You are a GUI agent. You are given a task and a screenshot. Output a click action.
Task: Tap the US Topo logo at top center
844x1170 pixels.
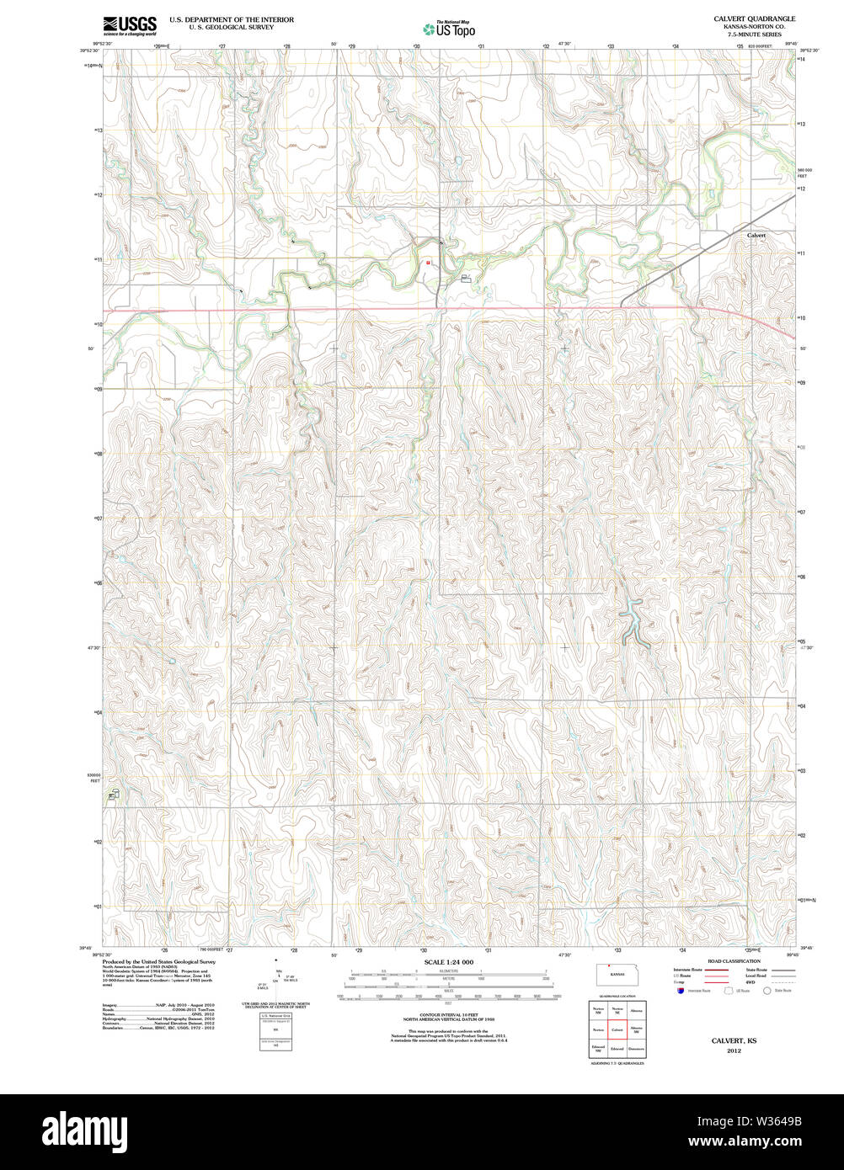(x=450, y=29)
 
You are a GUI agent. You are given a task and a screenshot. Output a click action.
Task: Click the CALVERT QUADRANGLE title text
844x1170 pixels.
(x=754, y=19)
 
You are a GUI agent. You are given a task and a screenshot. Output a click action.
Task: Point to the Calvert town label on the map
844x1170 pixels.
(x=756, y=236)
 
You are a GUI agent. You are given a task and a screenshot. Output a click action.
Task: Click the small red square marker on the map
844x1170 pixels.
(x=428, y=262)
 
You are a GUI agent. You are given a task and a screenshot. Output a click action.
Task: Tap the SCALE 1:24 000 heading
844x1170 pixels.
(x=448, y=962)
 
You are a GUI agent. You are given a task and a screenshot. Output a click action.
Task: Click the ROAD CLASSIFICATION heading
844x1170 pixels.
(x=734, y=961)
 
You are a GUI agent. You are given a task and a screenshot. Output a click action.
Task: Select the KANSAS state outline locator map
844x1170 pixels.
(x=617, y=975)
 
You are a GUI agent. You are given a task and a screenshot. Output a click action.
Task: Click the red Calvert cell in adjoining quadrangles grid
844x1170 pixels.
(x=617, y=1029)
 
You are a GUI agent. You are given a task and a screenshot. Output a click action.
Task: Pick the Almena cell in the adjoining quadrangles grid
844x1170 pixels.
(x=636, y=1010)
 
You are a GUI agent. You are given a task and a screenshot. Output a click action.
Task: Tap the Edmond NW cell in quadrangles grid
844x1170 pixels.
(x=598, y=1049)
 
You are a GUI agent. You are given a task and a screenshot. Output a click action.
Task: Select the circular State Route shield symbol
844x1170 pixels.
(x=767, y=991)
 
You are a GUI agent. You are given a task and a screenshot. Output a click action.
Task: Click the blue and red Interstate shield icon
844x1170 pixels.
(x=681, y=991)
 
